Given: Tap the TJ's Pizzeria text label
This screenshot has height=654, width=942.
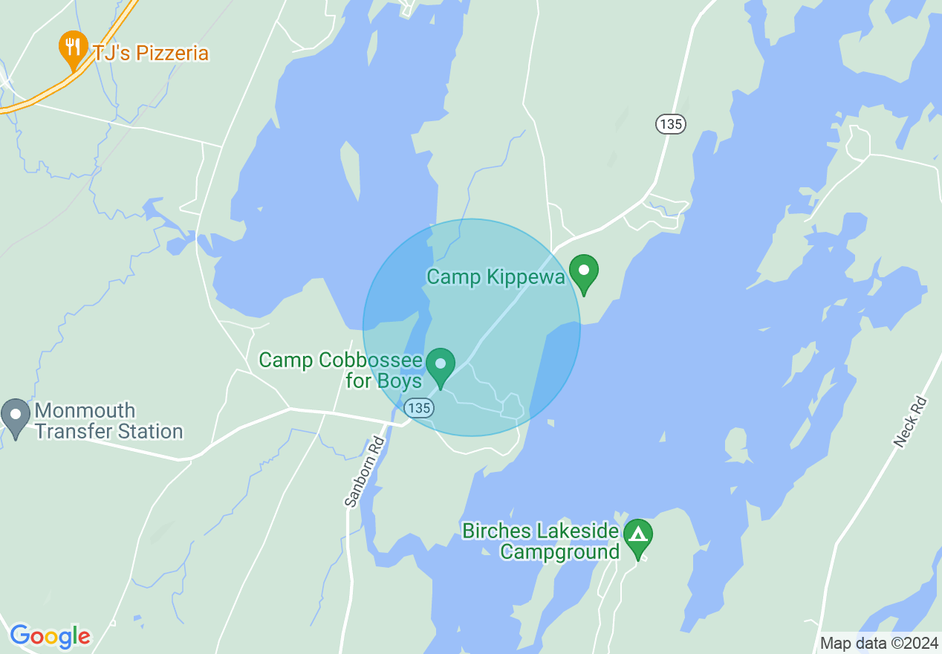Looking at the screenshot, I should [x=151, y=54].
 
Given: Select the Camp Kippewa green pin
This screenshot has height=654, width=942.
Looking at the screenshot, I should [x=584, y=273].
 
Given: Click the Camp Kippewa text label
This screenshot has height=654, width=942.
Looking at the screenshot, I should [x=496, y=278].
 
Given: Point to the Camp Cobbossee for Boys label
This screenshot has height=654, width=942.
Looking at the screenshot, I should [x=340, y=370].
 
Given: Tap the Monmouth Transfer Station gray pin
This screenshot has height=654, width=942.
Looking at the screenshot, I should [x=16, y=417].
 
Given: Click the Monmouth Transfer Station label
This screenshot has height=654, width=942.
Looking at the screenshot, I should [x=108, y=421].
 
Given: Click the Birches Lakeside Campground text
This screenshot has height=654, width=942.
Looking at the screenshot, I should [x=540, y=541].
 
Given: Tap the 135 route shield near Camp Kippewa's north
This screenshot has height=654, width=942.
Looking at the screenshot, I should [x=670, y=124].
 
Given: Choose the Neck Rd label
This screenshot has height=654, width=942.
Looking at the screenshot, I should [x=911, y=421].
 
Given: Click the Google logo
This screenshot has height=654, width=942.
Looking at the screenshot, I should [x=50, y=636].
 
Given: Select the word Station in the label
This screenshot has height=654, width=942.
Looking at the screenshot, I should [x=146, y=432].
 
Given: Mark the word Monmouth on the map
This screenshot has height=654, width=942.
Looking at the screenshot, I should [x=85, y=411].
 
